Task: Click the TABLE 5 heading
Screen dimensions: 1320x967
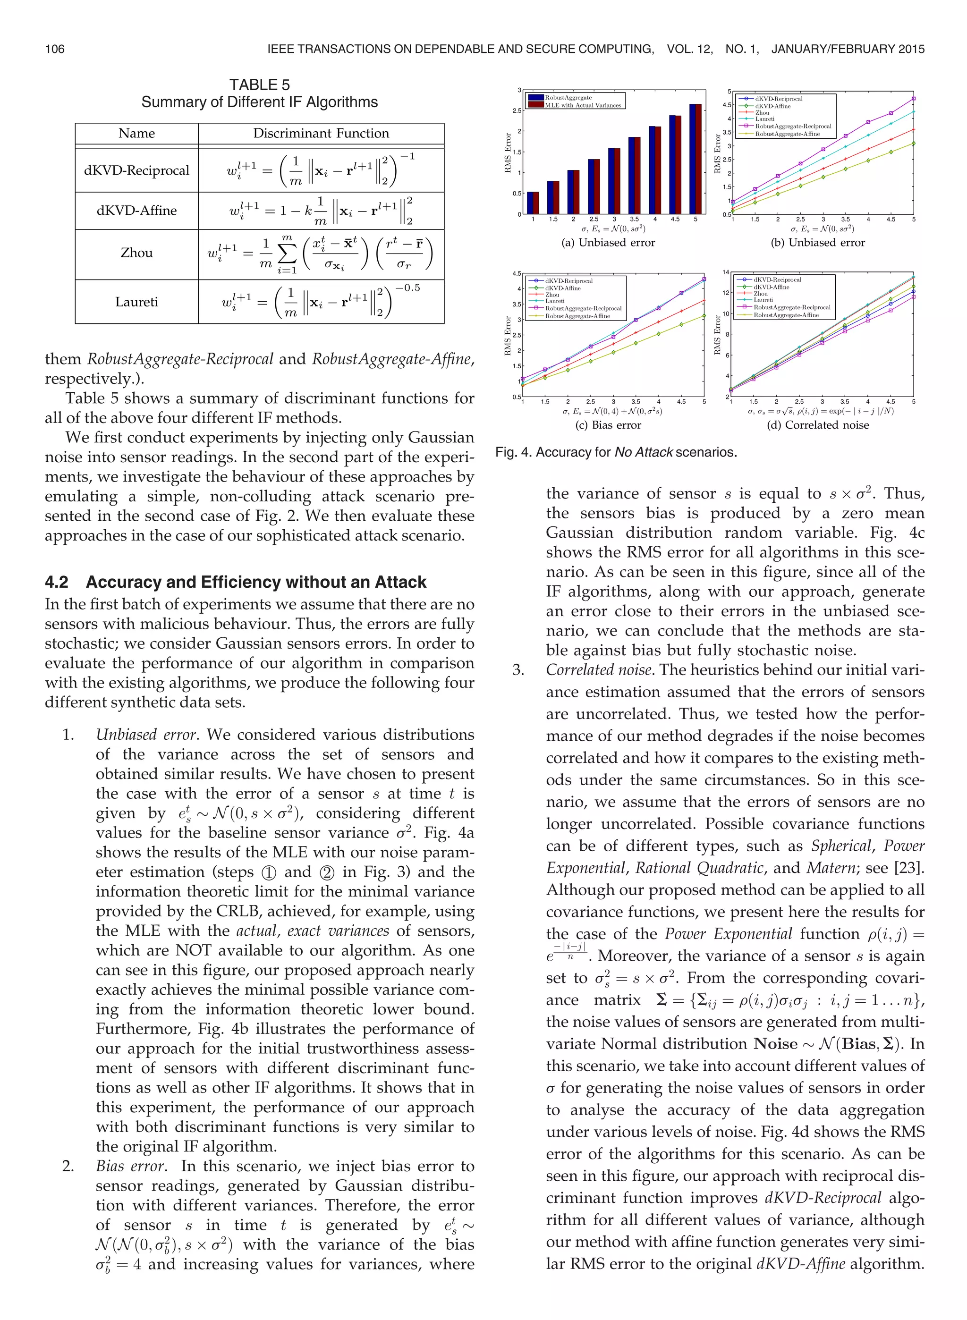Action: [x=259, y=85]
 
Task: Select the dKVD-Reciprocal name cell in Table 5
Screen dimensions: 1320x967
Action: [x=136, y=170]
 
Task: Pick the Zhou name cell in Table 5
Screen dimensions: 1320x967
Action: [x=136, y=253]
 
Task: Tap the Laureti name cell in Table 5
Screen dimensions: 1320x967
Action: [x=136, y=302]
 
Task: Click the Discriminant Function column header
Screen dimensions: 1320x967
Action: [x=321, y=134]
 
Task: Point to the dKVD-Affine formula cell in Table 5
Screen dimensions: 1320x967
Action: [x=321, y=211]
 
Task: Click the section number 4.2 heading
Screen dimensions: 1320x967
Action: [x=56, y=582]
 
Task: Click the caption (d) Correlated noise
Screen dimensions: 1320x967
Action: [x=818, y=425]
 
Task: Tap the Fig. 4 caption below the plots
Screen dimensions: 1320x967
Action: [x=616, y=452]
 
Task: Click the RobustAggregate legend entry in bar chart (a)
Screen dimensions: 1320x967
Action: [x=568, y=98]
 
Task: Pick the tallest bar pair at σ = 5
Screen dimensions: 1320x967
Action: [x=696, y=159]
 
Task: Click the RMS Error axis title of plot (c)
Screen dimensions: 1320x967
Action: [x=508, y=336]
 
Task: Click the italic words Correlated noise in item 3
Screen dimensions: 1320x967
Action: [x=598, y=670]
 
